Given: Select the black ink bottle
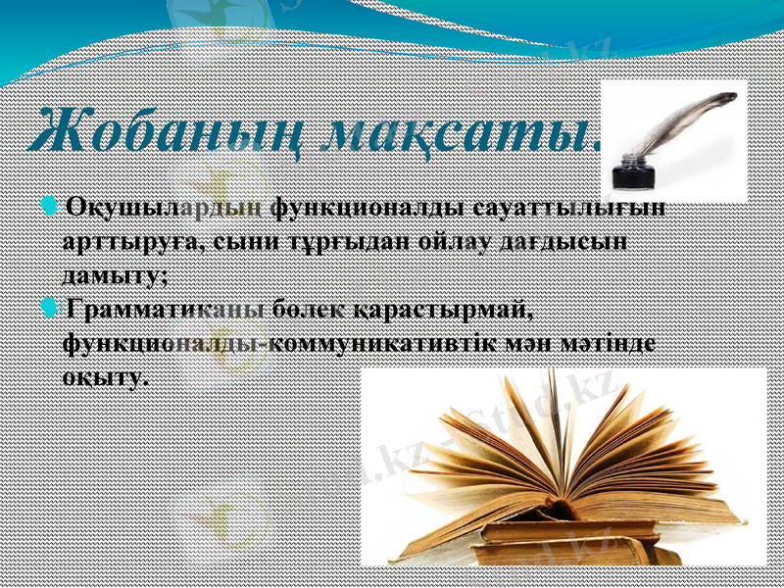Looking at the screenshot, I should [x=632, y=171].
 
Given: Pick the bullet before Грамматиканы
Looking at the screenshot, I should [x=50, y=310].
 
